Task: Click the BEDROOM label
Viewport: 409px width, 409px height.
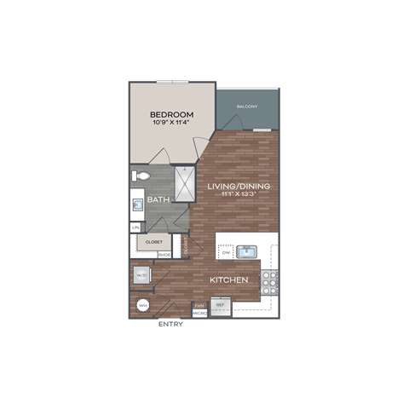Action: (171, 114)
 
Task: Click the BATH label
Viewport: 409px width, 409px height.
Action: (158, 200)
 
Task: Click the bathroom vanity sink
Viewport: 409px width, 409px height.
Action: (136, 204)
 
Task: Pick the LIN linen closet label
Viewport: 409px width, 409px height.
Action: (135, 228)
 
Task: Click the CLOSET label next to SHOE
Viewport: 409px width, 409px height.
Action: (154, 242)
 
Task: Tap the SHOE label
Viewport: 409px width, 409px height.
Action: (164, 254)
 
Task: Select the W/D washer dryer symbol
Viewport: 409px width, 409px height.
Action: (141, 275)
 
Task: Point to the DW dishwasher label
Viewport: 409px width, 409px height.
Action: (226, 253)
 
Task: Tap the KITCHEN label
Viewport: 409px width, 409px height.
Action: (228, 279)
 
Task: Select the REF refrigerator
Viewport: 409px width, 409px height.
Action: (220, 307)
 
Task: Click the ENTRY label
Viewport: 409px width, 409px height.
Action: (170, 325)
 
